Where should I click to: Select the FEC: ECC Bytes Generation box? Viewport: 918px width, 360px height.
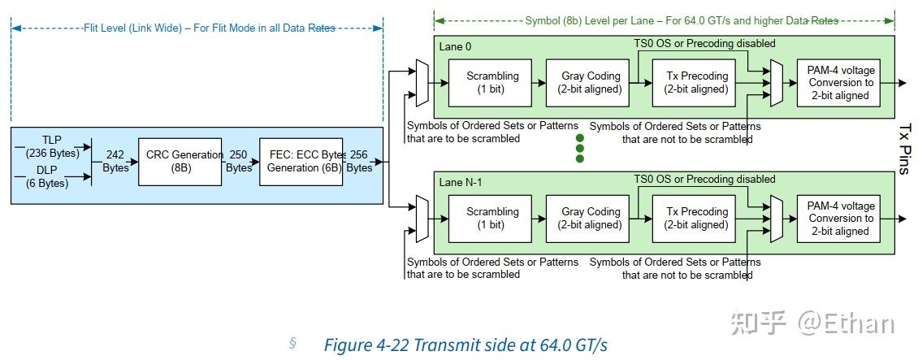pos(301,161)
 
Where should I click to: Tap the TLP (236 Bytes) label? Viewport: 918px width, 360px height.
pos(52,146)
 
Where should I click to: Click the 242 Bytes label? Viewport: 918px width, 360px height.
pos(115,161)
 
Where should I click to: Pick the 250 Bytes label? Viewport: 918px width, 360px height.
pos(238,161)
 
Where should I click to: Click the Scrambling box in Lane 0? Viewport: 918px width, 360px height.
pos(491,82)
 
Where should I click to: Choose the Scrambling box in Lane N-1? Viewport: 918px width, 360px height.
pos(491,218)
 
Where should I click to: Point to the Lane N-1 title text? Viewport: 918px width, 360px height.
pos(461,182)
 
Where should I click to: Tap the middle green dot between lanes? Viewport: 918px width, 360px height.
pos(580,149)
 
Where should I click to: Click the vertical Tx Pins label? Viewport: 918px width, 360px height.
pos(905,149)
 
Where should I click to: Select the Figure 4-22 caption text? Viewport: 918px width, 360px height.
pos(465,345)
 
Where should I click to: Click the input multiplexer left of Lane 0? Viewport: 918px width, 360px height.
pos(421,82)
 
